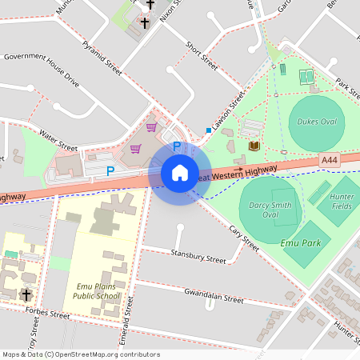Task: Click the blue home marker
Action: point(180,173)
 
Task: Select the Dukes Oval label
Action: point(316,122)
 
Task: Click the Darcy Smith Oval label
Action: point(270,210)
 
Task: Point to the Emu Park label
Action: point(300,241)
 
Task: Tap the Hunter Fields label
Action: point(342,202)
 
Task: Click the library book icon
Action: point(254,146)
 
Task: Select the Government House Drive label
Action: point(42,70)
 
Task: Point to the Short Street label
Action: point(201,55)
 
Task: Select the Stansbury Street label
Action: point(198,257)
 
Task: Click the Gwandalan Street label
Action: point(213,297)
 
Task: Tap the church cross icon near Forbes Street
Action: point(26,294)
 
